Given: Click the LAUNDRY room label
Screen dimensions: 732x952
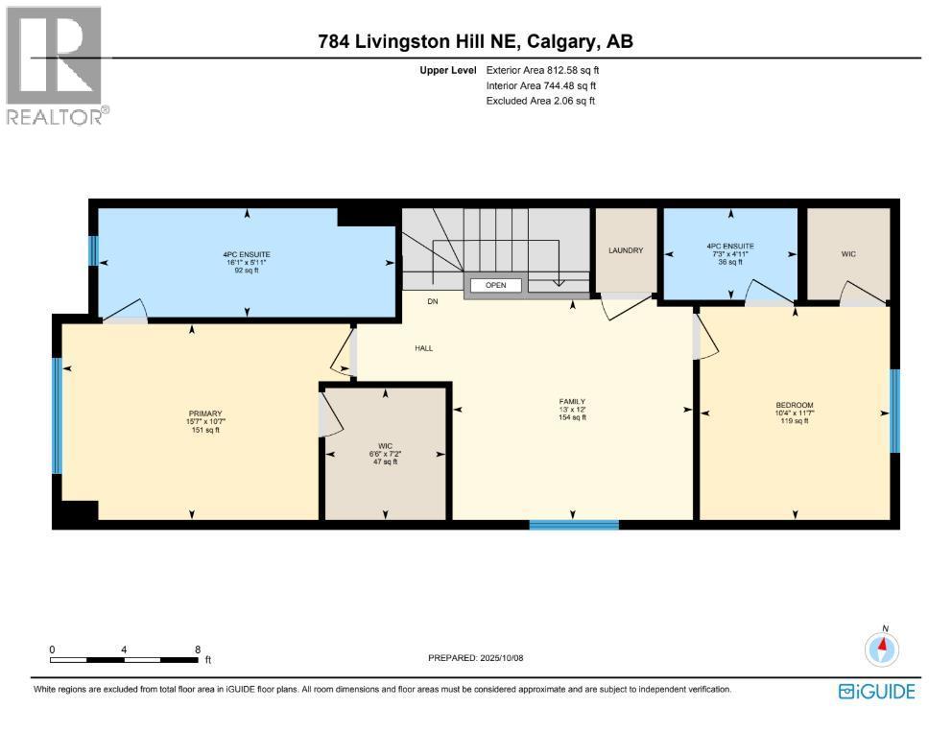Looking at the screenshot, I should point(625,250).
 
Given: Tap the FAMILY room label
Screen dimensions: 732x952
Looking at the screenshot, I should point(572,402).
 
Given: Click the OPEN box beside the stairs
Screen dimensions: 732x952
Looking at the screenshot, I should point(495,285).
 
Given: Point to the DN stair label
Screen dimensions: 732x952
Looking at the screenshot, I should point(433,301).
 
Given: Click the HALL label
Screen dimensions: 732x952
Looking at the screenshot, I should point(423,348).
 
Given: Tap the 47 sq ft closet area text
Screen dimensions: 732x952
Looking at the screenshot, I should point(385,461).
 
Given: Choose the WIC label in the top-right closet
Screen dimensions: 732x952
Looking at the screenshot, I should point(848,254).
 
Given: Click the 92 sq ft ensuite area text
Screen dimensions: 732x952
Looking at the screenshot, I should point(248,271).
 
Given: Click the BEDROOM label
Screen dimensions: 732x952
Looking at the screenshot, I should point(795,405).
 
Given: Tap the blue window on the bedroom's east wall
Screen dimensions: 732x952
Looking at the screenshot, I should point(894,411).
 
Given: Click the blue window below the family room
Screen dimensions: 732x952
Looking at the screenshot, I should point(574,525).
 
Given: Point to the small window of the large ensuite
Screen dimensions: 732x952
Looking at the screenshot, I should point(93,250).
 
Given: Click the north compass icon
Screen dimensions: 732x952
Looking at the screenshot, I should point(881,649).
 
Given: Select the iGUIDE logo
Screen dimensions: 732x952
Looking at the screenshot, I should point(876,692).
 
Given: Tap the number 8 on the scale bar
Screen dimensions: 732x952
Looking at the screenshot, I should point(197,649).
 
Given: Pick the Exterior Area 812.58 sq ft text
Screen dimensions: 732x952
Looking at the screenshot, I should point(542,70).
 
